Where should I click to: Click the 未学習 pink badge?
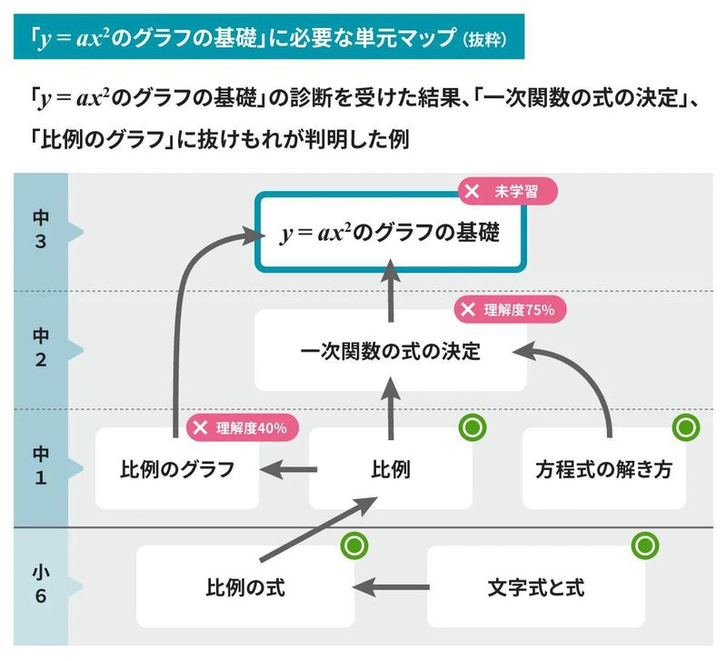(505, 192)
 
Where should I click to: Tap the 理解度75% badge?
(511, 309)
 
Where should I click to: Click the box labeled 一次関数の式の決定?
(391, 351)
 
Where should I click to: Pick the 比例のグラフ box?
(177, 470)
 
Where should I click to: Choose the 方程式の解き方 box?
(603, 470)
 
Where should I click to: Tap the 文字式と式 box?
(536, 587)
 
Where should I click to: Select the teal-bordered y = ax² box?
(391, 233)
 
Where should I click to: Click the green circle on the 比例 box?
(473, 427)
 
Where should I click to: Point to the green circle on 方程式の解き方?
(684, 427)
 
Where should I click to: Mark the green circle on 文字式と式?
(644, 546)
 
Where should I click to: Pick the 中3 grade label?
(41, 232)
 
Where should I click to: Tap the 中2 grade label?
(41, 349)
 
